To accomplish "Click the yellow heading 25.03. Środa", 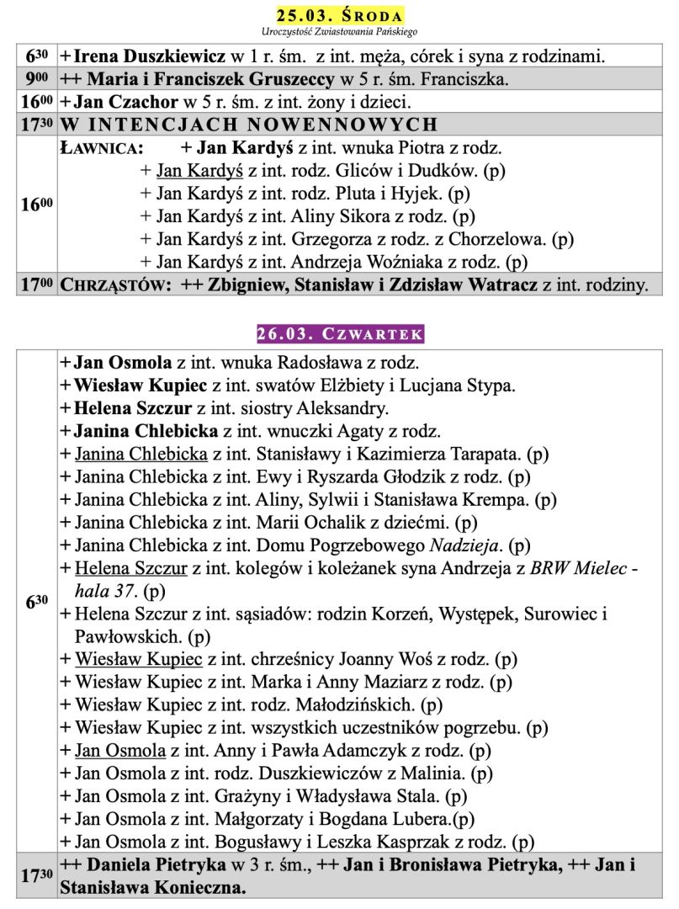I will coord(340,16).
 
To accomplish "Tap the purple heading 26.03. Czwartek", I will coord(340,334).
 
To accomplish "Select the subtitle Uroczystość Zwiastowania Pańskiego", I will coord(340,32).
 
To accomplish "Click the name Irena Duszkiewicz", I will coord(149,57).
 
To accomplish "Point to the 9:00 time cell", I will coord(37,81).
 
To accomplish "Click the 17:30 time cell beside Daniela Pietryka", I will coord(37,875).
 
